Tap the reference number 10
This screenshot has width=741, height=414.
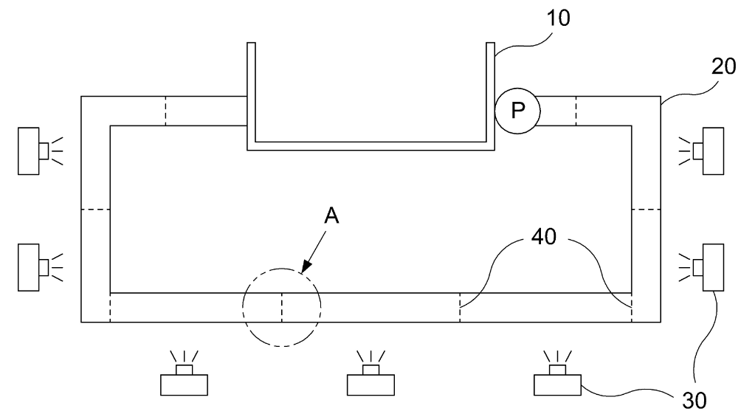558,18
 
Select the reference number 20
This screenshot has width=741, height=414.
723,66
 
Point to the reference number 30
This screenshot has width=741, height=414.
695,401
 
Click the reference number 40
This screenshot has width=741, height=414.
544,236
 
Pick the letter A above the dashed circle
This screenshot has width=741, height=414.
331,216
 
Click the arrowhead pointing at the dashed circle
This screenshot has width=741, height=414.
306,267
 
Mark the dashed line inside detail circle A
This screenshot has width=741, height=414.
282,308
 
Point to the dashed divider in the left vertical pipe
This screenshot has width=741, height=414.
95,209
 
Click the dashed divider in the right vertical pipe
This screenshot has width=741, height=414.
646,209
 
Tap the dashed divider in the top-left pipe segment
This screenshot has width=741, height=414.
165,111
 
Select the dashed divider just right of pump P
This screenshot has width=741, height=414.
576,111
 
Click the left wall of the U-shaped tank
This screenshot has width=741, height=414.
252,97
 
